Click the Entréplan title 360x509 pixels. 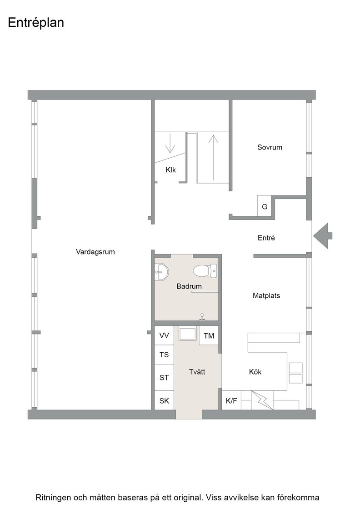coord(36,23)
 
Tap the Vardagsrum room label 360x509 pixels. coord(95,252)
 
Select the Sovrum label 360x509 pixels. coord(270,147)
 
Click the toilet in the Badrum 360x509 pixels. coord(205,270)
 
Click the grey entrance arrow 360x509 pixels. coord(323,236)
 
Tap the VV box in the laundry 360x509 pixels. coord(164,335)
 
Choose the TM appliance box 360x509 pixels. coord(209,335)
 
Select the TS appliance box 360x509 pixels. coord(164,354)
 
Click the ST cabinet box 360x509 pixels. coord(164,377)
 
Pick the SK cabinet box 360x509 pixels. coord(164,401)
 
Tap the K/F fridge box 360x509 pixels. coord(231,400)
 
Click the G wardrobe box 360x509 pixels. coord(265,206)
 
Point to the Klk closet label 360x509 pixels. coord(171,170)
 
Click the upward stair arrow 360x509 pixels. coord(213,157)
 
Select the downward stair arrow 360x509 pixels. coord(170,143)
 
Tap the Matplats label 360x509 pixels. coord(266,296)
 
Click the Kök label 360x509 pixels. coord(255,372)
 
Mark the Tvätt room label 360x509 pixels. coord(197,372)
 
